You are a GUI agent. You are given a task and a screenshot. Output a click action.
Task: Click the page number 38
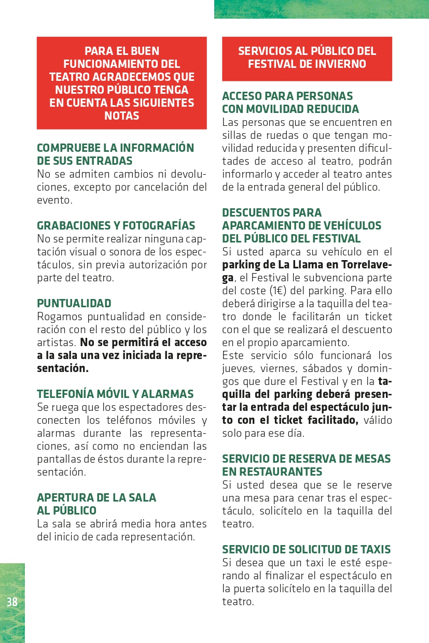[12, 602]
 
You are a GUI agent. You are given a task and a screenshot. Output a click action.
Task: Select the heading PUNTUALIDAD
[74, 304]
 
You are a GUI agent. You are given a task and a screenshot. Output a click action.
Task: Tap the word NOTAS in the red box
[122, 116]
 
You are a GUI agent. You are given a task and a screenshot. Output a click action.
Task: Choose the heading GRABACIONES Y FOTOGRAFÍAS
[116, 226]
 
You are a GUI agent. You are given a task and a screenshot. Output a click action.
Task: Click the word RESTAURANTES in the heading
[272, 472]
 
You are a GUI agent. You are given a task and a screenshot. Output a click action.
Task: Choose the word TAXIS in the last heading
[373, 550]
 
